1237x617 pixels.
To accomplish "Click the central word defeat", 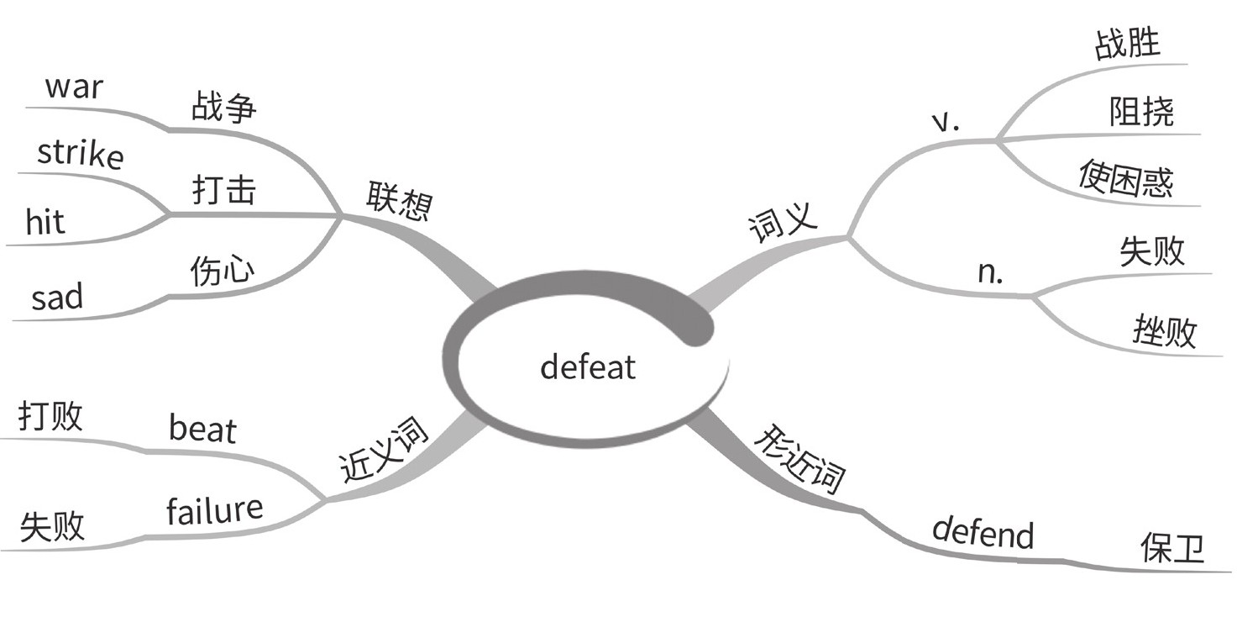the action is point(588,367).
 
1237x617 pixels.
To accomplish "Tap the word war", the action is point(74,87).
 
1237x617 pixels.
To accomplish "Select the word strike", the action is point(80,154).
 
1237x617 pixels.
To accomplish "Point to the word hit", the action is point(45,223).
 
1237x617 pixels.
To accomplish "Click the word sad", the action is point(57,297).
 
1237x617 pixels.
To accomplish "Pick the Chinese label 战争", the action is point(223,108).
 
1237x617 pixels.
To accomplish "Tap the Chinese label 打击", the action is point(223,191).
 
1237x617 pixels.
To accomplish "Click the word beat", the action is point(202,429).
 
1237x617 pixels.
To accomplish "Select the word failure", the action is point(214,509).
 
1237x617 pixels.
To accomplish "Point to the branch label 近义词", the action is point(384,452).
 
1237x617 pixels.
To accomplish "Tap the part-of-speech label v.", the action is point(946,122).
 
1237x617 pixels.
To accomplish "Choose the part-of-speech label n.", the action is point(991,273).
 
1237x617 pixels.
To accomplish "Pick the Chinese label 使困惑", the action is point(1126,179).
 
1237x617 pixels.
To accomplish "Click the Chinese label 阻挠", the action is point(1141,110).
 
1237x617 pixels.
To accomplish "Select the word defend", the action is point(983,532).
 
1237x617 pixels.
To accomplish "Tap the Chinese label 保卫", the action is point(1171,548).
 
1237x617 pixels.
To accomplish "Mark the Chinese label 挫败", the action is point(1164,333).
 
